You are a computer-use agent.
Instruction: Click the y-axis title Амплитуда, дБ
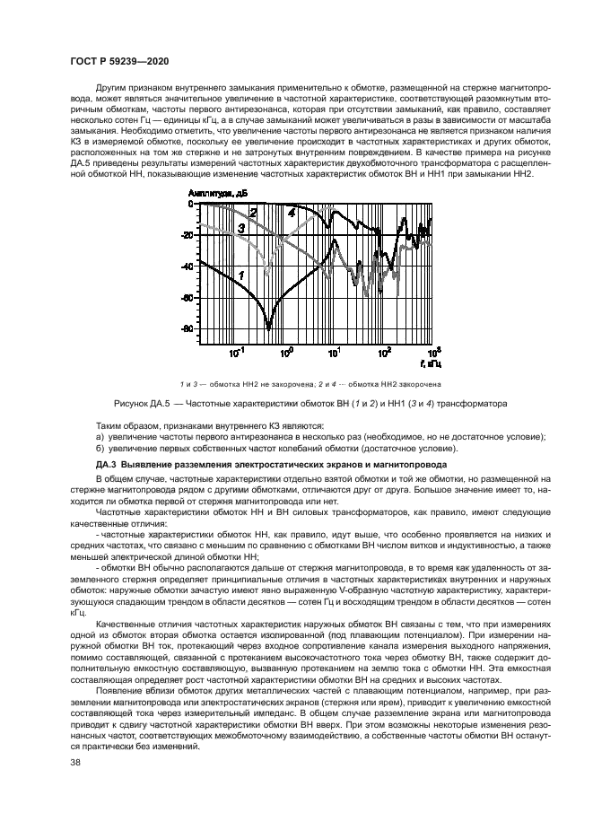pyautogui.click(x=217, y=193)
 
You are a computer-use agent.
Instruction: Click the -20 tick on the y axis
pyautogui.click(x=187, y=235)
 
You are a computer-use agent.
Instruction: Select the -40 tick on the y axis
pyautogui.click(x=187, y=267)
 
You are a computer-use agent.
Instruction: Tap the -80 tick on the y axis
pyautogui.click(x=187, y=329)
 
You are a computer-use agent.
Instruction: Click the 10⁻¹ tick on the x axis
pyautogui.click(x=237, y=353)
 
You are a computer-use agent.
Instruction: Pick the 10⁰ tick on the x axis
pyautogui.click(x=286, y=353)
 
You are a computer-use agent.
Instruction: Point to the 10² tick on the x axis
pyautogui.click(x=385, y=353)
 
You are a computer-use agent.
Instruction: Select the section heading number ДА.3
pyautogui.click(x=106, y=465)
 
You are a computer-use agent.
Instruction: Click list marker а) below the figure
pyautogui.click(x=99, y=436)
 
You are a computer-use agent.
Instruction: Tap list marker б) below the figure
pyautogui.click(x=99, y=447)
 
